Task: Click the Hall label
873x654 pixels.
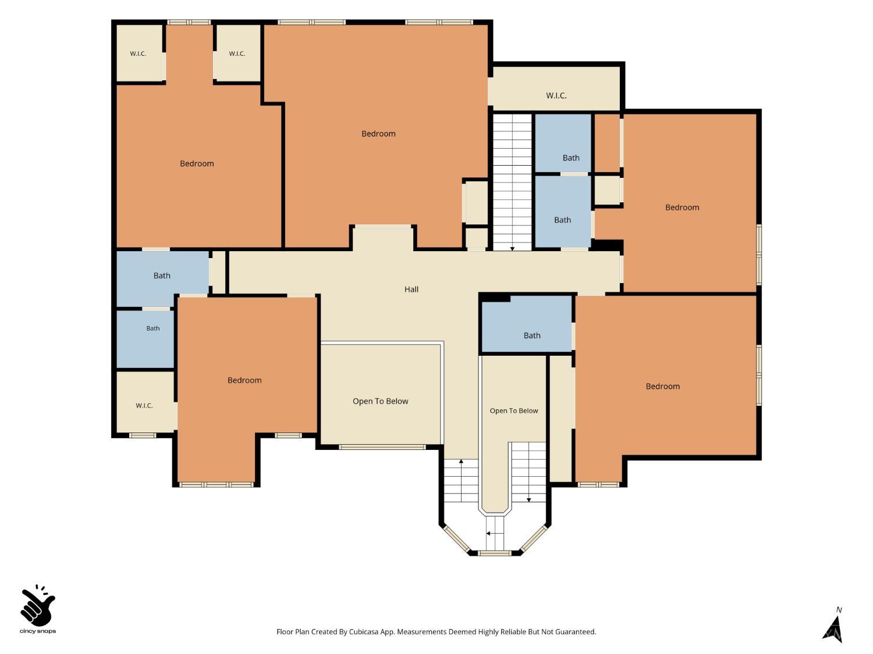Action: [x=411, y=289]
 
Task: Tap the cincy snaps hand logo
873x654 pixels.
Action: [x=38, y=606]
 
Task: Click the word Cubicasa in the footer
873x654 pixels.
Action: [x=364, y=632]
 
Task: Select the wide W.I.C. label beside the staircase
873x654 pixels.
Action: [x=556, y=95]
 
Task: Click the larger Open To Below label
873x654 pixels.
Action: [x=380, y=401]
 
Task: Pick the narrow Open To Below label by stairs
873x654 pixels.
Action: [x=514, y=410]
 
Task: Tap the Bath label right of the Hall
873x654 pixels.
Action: [x=532, y=335]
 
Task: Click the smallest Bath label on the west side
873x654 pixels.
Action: [x=152, y=328]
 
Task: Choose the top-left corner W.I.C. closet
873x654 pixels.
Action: [x=139, y=53]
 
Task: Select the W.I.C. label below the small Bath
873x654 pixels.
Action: [x=144, y=405]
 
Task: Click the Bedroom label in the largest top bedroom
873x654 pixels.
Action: [x=378, y=134]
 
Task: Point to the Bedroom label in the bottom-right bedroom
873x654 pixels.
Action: [x=662, y=387]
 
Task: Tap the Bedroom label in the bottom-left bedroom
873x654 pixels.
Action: [x=244, y=380]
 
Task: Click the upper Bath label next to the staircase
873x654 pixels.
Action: [x=571, y=158]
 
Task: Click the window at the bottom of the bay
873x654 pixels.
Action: [x=494, y=553]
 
